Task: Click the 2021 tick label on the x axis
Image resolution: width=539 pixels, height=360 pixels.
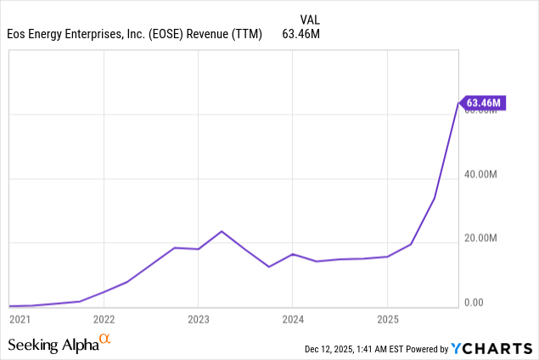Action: (x=18, y=320)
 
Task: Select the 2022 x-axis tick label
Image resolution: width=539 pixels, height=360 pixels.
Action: (x=104, y=320)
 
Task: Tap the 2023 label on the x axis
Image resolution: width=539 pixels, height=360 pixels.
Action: (x=198, y=320)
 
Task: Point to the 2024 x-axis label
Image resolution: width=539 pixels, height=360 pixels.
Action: (x=292, y=320)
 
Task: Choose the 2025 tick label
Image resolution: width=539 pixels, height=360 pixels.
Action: (x=387, y=320)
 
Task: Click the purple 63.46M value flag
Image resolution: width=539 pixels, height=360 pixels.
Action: (x=484, y=103)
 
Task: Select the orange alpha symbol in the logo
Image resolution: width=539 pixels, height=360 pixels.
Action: (x=105, y=340)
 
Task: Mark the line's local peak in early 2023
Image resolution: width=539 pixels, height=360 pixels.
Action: (x=222, y=231)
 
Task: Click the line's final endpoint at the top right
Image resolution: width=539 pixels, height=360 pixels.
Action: (x=458, y=104)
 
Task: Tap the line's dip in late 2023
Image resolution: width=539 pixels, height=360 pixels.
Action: (x=269, y=267)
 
